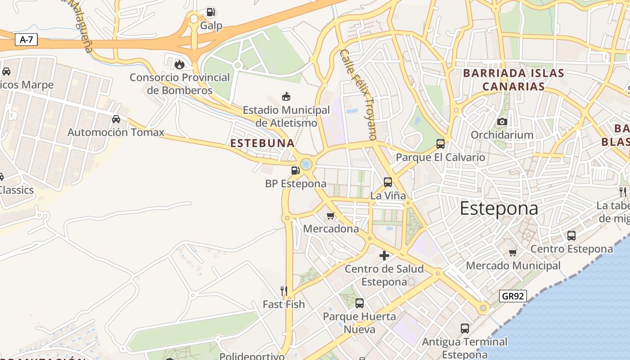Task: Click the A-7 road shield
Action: coord(27,40)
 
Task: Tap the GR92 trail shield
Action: coord(513,296)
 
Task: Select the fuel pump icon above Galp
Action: coord(211,12)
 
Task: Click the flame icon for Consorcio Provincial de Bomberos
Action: coord(180,64)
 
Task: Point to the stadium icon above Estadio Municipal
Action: coord(286,96)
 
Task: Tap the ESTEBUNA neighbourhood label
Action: coord(262,143)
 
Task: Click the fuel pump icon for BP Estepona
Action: coord(295,170)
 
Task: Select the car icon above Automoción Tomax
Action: coord(116,119)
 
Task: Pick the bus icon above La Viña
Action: coord(387,182)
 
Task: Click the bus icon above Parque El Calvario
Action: coord(440,144)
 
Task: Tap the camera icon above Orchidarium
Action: coord(502,121)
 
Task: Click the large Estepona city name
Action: coord(499,209)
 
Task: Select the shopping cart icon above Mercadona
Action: coord(330,216)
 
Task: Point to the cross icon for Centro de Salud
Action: coord(384,256)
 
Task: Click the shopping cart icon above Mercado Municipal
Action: coord(513,252)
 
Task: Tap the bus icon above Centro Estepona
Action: coord(571,235)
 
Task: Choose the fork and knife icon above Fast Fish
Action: coord(283,291)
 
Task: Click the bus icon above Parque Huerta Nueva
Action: coord(359,303)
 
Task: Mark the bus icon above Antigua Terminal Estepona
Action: coord(464,328)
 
